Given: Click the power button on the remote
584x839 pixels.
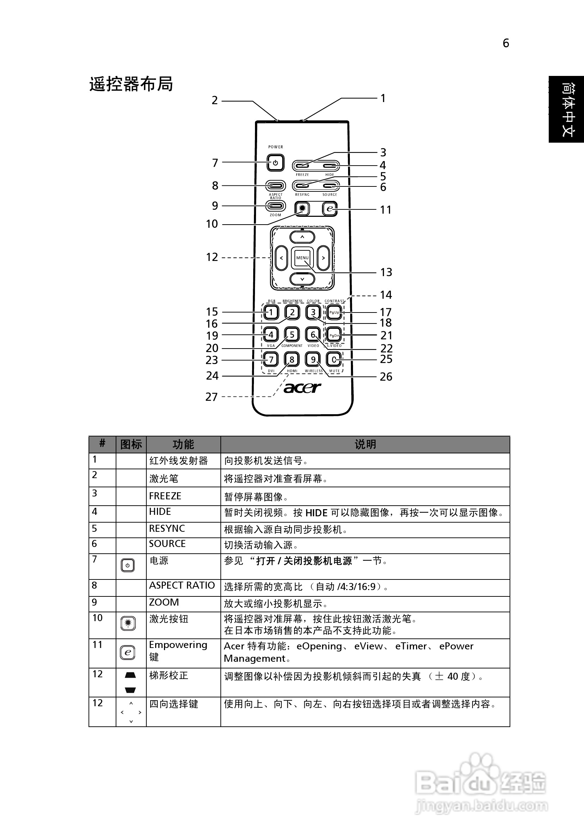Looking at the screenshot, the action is click(x=275, y=163).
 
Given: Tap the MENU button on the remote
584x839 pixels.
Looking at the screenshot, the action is click(x=302, y=258).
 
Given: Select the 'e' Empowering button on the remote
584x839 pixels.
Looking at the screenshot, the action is click(x=330, y=209).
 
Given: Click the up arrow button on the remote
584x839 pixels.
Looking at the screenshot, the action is click(x=302, y=237).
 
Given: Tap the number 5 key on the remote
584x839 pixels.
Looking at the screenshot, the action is click(x=292, y=334).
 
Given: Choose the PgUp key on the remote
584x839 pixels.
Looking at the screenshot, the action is click(x=334, y=313).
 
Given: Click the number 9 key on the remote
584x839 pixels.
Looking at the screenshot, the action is click(x=313, y=359).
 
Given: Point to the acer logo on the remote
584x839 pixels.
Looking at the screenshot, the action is click(x=302, y=388).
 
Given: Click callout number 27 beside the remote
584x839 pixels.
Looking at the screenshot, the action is click(x=211, y=397).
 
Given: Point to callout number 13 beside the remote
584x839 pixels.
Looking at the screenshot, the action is click(x=386, y=272).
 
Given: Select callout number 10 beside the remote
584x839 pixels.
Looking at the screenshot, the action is click(x=212, y=224).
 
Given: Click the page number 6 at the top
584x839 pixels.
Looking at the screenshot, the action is click(x=505, y=43).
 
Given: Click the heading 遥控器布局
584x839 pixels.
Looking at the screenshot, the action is click(x=131, y=84).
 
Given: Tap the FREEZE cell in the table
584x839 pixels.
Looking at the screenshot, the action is click(x=165, y=496).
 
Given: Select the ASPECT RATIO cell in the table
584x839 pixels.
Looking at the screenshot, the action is click(x=182, y=585).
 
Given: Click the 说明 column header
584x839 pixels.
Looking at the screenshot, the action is click(x=365, y=444).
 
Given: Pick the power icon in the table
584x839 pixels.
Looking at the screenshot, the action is click(x=127, y=565).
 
